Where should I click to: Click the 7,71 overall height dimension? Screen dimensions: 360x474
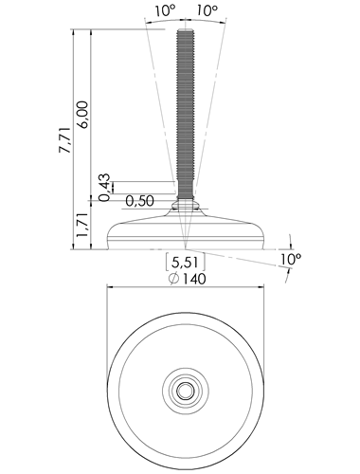65,140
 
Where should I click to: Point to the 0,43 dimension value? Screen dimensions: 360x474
104,187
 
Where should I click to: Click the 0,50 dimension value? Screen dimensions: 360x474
139,201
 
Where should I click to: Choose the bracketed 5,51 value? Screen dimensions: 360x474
186,262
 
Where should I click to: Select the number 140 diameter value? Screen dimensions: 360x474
194,279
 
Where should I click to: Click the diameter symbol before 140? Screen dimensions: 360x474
174,279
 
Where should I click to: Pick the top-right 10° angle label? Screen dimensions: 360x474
207,11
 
